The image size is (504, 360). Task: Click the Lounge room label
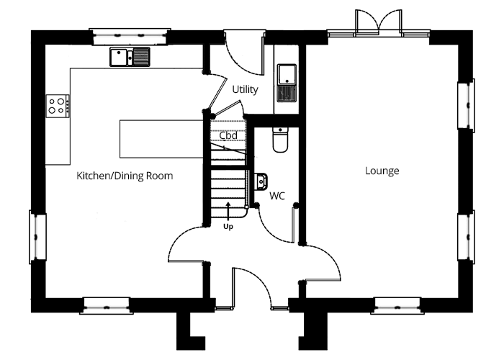pyautogui.click(x=382, y=171)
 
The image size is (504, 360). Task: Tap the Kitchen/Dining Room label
pyautogui.click(x=125, y=176)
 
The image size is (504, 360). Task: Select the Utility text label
pyautogui.click(x=245, y=89)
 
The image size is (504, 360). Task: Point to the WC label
pyautogui.click(x=277, y=196)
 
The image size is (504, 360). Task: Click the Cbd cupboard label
pyautogui.click(x=228, y=135)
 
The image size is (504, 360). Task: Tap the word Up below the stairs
pyautogui.click(x=228, y=227)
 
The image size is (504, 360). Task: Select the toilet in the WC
pyautogui.click(x=281, y=140)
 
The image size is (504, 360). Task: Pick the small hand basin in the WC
pyautogui.click(x=261, y=181)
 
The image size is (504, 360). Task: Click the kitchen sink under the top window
pyautogui.click(x=130, y=57)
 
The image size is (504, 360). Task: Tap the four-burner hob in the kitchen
pyautogui.click(x=58, y=106)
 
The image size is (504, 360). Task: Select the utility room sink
pyautogui.click(x=287, y=83)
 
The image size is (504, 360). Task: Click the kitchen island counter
pyautogui.click(x=162, y=139)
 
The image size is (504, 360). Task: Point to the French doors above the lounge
pyautogui.click(x=378, y=21)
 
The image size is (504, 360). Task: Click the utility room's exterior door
pyautogui.click(x=244, y=53)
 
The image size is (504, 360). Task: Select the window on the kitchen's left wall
pyautogui.click(x=37, y=237)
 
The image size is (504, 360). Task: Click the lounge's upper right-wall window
pyautogui.click(x=466, y=105)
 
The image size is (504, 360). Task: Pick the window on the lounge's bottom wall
pyautogui.click(x=397, y=305)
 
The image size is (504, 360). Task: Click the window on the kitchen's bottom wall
pyautogui.click(x=107, y=305)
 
